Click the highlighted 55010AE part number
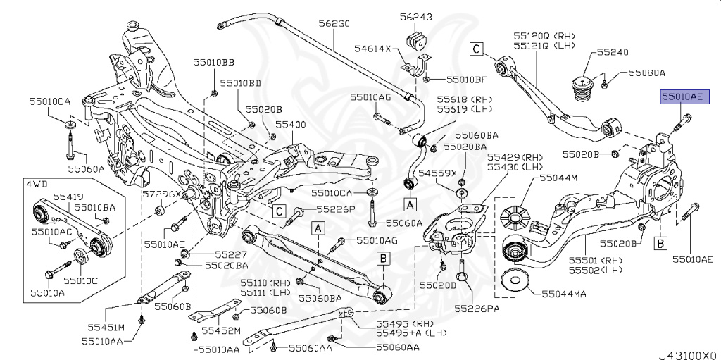[680, 97]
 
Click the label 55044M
[558, 178]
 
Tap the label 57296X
[161, 193]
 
